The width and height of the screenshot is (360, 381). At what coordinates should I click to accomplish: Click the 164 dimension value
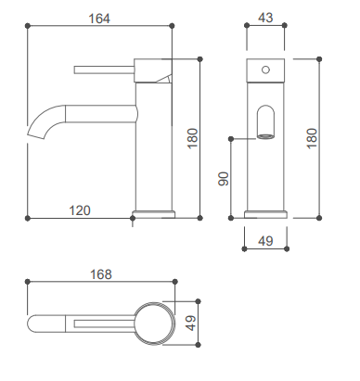99,19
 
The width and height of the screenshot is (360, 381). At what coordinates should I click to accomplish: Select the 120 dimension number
80,210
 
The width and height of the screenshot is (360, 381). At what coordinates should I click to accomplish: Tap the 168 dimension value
101,274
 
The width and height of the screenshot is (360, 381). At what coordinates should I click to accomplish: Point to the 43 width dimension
265,18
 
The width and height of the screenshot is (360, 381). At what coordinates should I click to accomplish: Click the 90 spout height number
224,179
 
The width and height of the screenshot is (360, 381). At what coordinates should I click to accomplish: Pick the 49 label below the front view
265,241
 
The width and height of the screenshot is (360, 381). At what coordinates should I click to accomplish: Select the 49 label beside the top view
191,323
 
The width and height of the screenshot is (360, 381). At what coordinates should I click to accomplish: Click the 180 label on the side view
192,138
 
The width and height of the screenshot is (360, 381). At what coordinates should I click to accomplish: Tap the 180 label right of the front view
312,138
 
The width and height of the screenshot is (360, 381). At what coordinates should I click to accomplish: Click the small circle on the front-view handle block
265,70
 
